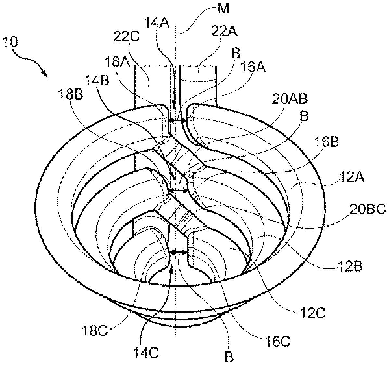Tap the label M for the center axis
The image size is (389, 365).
pos(223,9)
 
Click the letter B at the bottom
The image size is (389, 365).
pos(229,357)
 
